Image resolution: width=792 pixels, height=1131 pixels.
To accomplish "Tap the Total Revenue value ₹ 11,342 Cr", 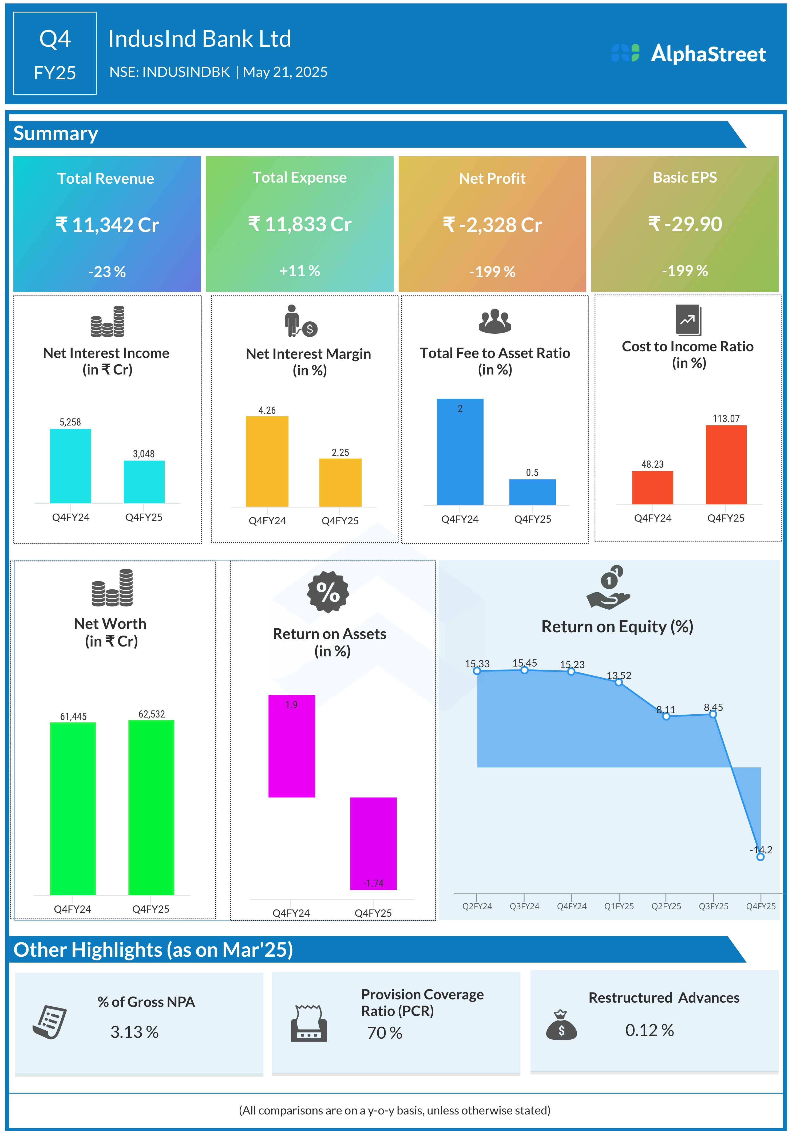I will tap(107, 225).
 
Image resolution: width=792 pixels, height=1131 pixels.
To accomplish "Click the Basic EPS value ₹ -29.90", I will tap(685, 224).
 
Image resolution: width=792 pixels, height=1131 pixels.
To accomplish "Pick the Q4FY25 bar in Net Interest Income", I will tap(144, 482).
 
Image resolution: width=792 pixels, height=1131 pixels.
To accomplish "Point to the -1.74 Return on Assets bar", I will tap(373, 843).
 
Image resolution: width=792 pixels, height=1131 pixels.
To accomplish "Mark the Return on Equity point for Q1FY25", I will tap(619, 682).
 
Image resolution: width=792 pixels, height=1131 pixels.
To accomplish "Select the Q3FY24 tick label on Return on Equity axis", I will tap(524, 907).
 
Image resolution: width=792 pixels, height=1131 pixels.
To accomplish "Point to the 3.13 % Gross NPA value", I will tap(134, 1032).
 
